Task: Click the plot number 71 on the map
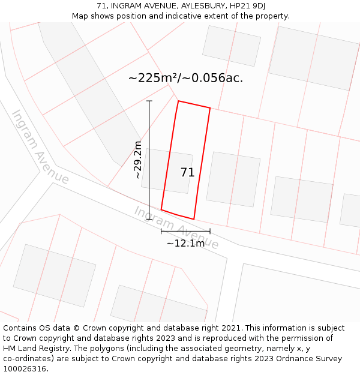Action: [x=187, y=173]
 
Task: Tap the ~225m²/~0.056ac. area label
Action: [x=185, y=78]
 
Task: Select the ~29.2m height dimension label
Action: [x=138, y=160]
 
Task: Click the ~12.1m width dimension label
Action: [x=185, y=243]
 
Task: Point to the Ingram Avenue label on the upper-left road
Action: [x=40, y=147]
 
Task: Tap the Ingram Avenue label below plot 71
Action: [x=176, y=227]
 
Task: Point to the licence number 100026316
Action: [x=25, y=369]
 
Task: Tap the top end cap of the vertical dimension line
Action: [x=149, y=101]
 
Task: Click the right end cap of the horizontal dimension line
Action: [x=210, y=231]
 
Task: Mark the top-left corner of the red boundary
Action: [x=178, y=101]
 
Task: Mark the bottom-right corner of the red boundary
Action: [x=194, y=219]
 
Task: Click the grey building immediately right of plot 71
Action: [x=233, y=179]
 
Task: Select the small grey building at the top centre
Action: [x=232, y=46]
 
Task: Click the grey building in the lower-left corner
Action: [x=55, y=275]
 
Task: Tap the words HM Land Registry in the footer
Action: [x=30, y=349]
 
